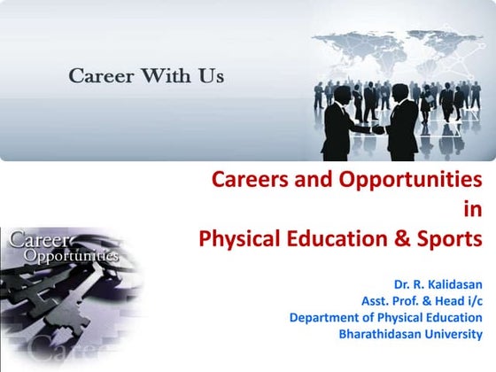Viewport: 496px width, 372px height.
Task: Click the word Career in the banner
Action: [99, 75]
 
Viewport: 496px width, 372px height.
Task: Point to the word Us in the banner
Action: [210, 75]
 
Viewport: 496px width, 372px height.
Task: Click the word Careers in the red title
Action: [248, 181]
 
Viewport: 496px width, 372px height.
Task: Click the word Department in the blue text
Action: [327, 318]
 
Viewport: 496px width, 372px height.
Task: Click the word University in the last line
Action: [454, 335]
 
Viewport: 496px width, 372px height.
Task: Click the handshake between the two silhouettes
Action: [377, 129]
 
